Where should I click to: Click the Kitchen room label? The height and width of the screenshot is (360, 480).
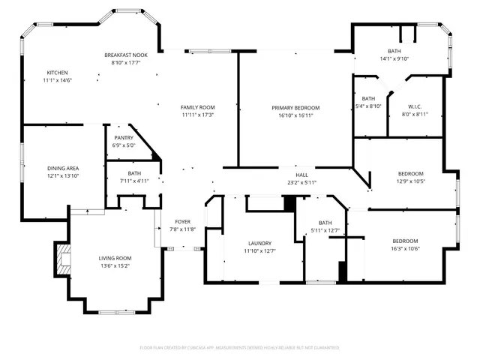tap(57, 72)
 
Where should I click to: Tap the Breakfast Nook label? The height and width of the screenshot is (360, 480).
tap(126, 55)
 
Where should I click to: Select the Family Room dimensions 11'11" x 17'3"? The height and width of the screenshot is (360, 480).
tap(198, 115)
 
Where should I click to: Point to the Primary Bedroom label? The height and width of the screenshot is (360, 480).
tap(295, 108)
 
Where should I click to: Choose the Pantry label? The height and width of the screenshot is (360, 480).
tap(124, 138)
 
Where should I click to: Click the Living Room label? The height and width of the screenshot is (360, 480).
tap(115, 258)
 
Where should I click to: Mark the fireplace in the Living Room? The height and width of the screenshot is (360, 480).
tap(61, 259)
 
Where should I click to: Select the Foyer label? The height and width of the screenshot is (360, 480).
tap(182, 221)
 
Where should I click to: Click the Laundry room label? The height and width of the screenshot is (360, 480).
tap(259, 244)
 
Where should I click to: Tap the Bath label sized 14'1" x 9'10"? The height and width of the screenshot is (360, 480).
tap(393, 50)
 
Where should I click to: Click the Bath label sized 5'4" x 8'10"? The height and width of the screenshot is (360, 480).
tap(368, 98)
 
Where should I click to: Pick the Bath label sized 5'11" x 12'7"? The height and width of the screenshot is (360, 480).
tap(325, 223)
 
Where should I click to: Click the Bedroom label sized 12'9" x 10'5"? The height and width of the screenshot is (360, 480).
tap(410, 173)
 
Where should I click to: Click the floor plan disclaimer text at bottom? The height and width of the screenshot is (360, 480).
tap(240, 347)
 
